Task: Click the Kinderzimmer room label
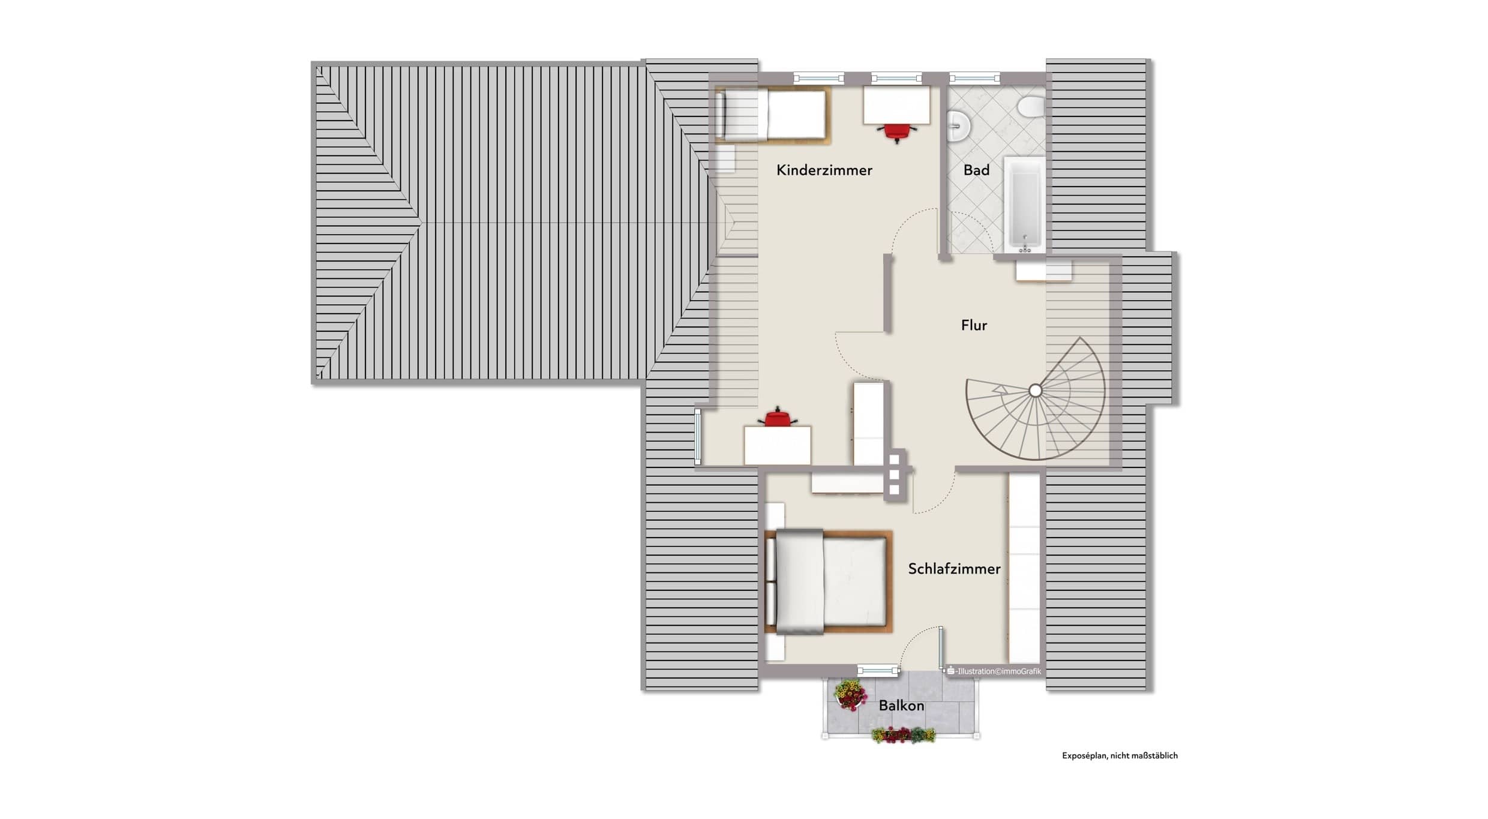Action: (824, 170)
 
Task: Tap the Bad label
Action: (976, 170)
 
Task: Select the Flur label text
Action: (974, 325)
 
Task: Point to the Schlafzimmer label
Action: (954, 569)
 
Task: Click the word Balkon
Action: (901, 706)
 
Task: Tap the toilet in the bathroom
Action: (1031, 107)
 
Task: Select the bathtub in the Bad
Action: (1025, 205)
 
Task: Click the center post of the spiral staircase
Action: (1035, 391)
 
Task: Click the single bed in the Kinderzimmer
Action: (773, 115)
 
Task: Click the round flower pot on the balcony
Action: (850, 695)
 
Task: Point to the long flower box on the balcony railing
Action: (903, 735)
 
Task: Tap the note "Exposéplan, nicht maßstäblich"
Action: (1120, 756)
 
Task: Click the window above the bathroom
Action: (974, 78)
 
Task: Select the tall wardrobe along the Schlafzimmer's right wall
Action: (1024, 568)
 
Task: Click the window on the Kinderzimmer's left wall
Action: (698, 436)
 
